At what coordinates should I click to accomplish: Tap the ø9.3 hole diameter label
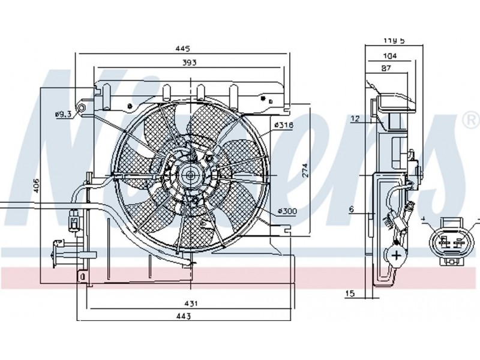click(x=63, y=113)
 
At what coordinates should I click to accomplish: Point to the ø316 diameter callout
click(x=283, y=125)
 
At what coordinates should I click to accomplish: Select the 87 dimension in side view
click(x=386, y=68)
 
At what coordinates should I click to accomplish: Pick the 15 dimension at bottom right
click(x=351, y=293)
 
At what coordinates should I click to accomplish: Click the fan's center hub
click(x=191, y=175)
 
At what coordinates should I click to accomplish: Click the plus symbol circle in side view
click(x=397, y=255)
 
